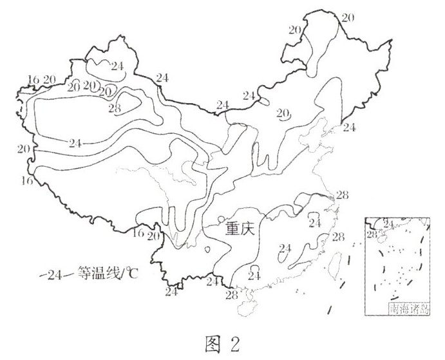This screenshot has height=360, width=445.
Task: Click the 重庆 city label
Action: (240, 229)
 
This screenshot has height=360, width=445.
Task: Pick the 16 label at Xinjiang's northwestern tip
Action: (33, 79)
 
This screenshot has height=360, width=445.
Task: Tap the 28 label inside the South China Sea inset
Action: (371, 233)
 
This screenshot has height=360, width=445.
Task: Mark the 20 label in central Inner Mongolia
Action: (282, 113)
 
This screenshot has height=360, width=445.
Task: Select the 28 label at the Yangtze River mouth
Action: (341, 194)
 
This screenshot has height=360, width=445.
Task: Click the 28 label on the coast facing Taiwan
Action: (338, 238)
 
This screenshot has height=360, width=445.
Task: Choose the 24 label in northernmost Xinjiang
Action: (117, 65)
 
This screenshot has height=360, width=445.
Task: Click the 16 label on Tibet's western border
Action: (26, 181)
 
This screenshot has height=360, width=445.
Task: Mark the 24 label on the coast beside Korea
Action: (349, 127)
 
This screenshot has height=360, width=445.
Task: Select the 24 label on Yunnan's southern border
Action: (171, 292)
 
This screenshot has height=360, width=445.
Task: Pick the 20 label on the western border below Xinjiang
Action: (24, 149)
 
